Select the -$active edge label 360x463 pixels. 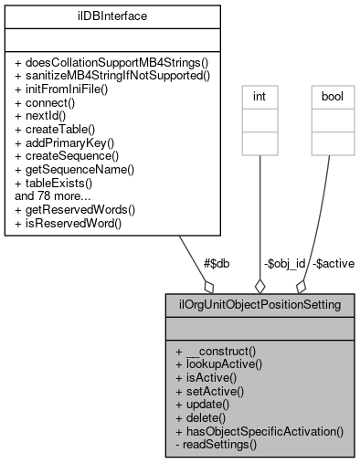[333, 263]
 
